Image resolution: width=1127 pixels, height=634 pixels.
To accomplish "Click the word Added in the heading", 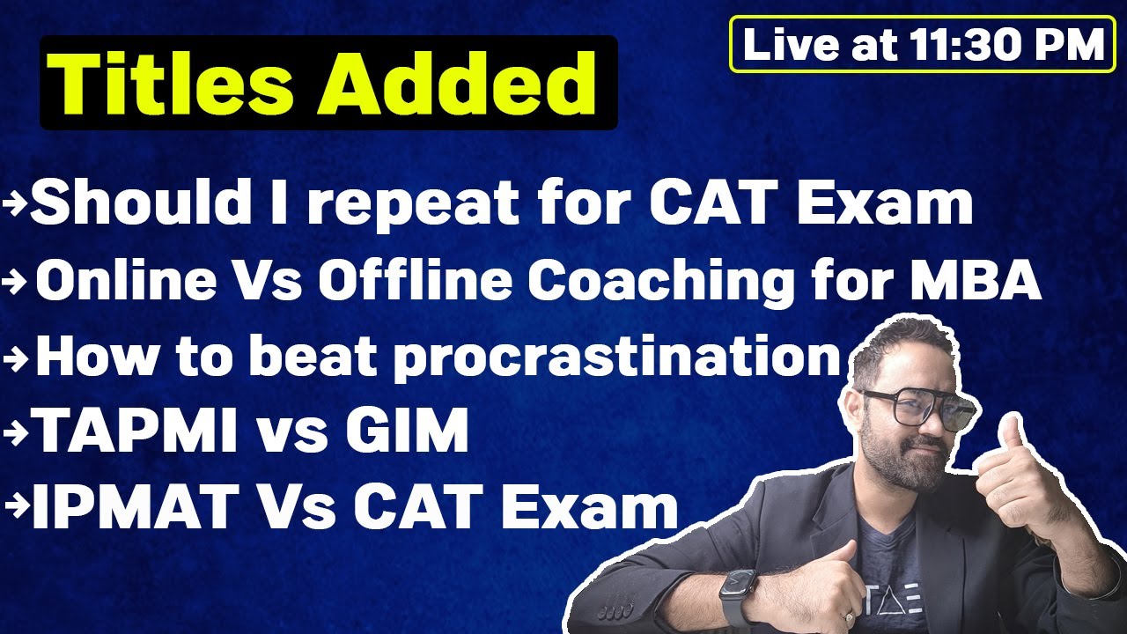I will [x=458, y=84].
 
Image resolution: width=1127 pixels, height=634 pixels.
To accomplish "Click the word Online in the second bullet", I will [x=125, y=281].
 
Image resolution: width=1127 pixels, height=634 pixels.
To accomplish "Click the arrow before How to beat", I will [x=18, y=357].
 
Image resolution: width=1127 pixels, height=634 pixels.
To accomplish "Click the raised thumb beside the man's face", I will [x=1013, y=440].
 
